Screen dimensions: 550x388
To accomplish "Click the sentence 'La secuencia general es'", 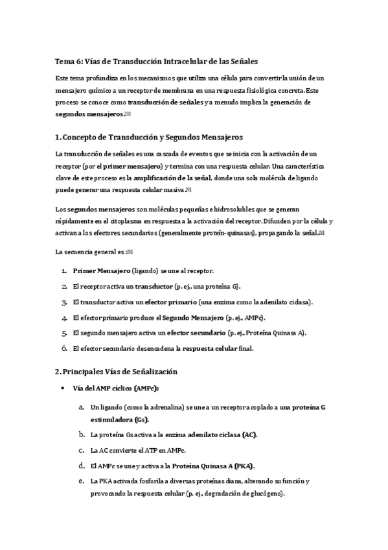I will coord(89,251).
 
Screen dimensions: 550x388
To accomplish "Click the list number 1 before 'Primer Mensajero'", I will coord(64,270).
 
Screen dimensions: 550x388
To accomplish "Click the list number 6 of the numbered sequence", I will coord(64,348).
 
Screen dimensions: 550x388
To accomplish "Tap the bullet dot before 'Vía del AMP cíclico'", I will coord(62,389).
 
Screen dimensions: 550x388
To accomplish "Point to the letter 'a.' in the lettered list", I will coord(81,407).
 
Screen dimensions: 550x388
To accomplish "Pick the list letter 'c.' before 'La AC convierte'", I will coord(81,449).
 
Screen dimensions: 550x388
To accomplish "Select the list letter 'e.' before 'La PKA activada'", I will coord(81,481).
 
